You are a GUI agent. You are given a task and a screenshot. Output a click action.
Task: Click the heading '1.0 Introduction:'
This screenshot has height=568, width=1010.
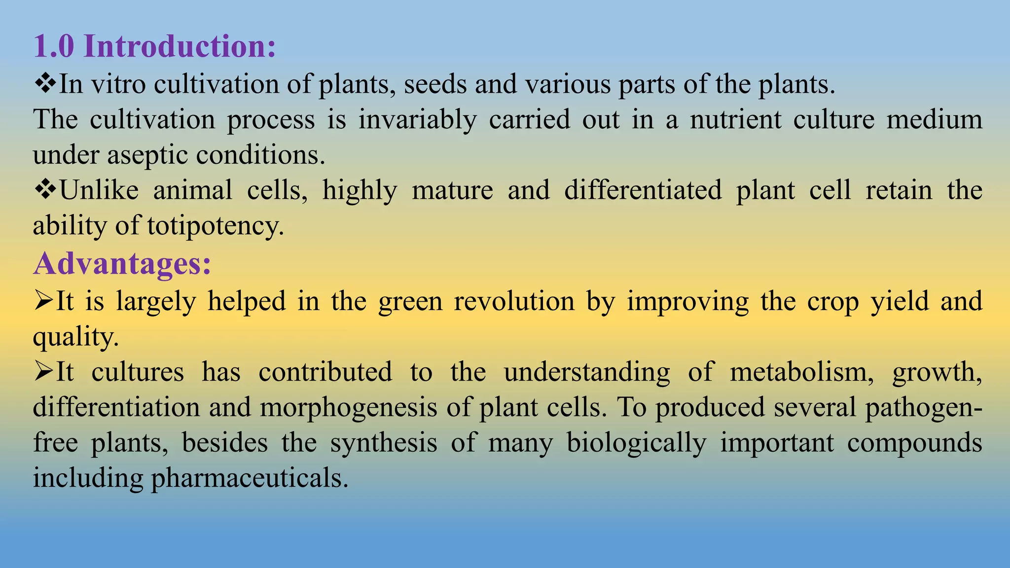tap(154, 46)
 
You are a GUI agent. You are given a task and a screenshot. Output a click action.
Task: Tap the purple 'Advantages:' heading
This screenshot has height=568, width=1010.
tap(122, 263)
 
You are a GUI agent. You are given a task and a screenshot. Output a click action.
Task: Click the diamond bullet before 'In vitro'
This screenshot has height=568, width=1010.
tap(45, 83)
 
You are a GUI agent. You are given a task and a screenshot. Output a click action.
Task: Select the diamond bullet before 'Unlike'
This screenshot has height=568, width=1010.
tap(45, 190)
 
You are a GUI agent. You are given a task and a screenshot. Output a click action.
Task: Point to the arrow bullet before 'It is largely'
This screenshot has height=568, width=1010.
tap(43, 301)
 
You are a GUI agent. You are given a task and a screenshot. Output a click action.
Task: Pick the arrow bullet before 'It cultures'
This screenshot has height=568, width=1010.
tap(43, 371)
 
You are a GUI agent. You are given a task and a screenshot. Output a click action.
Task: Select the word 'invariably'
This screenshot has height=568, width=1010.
tap(417, 120)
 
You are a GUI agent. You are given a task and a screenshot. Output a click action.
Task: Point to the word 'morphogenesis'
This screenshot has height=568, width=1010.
tap(348, 408)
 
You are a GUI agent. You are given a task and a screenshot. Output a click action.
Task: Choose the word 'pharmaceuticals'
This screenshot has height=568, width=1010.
tap(249, 478)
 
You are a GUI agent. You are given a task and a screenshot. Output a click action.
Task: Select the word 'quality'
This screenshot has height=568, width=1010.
tap(75, 337)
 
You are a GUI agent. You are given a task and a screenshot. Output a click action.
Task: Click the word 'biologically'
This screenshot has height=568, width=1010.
tap(636, 443)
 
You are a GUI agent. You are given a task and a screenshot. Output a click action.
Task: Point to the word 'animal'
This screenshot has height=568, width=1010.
tap(192, 190)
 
